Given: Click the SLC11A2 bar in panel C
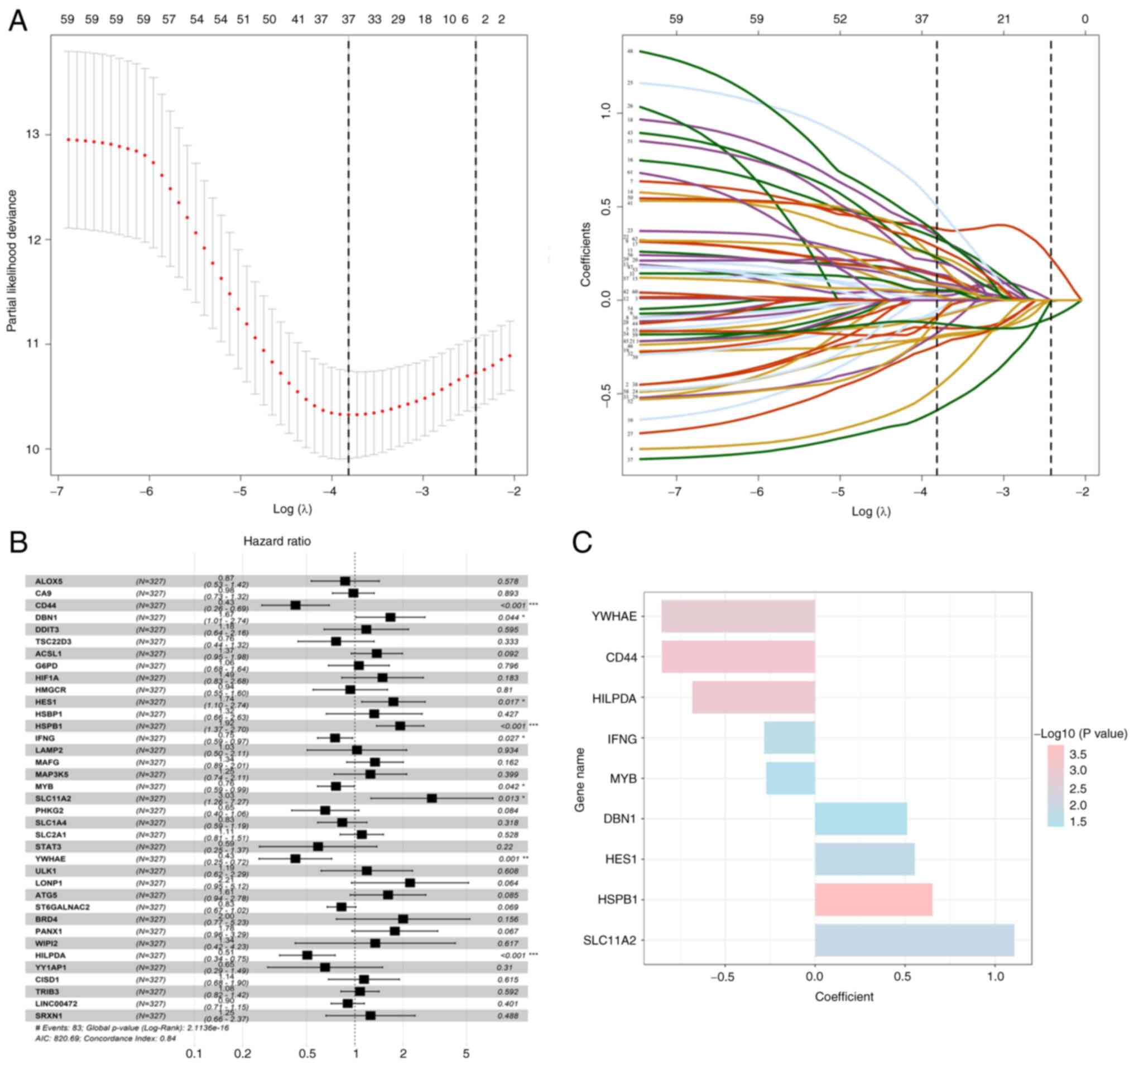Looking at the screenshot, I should [x=914, y=939].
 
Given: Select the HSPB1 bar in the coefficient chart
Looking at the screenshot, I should [x=873, y=900].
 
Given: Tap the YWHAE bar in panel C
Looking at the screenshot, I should [x=738, y=616].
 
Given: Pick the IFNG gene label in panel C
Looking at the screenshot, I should [x=622, y=738].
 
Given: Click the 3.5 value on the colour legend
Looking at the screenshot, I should [x=1078, y=755].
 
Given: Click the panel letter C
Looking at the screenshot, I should [x=582, y=543].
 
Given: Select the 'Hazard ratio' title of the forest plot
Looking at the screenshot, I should [x=277, y=541].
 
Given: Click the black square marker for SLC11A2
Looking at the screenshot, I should [x=432, y=798].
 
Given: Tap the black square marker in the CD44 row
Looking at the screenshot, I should [x=295, y=605].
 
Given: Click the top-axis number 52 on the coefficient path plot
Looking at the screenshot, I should [x=840, y=20].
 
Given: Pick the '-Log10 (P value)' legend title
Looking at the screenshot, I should [x=1080, y=733].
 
